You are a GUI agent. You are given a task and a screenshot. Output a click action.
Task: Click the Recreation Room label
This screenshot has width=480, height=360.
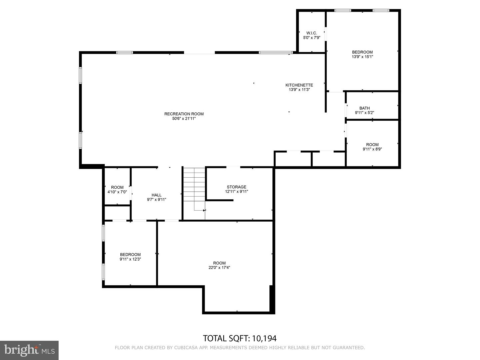point(184,114)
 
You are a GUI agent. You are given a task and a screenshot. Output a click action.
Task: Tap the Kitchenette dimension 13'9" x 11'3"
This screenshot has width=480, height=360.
point(299,89)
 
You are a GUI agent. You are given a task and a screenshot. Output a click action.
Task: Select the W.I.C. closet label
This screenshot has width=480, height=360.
point(311,33)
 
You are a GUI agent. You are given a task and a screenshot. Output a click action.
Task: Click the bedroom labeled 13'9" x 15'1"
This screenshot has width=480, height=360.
point(362,54)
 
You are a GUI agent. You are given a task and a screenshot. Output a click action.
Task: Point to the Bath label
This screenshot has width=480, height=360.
point(364,108)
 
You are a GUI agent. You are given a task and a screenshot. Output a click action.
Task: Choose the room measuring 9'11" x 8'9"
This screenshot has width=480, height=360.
point(372,147)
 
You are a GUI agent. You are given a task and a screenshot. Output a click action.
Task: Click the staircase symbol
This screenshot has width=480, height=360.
point(194,189)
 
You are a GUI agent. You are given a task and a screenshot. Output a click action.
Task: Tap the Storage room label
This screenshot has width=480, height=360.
point(236,187)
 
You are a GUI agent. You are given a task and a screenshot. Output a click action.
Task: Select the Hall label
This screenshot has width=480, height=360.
point(156,195)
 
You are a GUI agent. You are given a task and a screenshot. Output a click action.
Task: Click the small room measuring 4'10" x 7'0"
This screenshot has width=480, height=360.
point(117,190)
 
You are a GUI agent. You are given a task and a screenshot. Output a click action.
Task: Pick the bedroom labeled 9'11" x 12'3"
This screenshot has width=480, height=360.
point(130,257)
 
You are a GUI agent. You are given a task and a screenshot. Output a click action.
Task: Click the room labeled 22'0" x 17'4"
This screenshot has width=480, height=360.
point(219,265)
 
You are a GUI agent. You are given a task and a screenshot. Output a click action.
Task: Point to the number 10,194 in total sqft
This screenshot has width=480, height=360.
point(264,339)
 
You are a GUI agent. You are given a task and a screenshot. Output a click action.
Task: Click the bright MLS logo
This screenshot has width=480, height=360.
point(29,350)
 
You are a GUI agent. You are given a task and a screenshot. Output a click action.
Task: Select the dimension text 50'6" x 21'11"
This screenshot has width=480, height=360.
point(184,119)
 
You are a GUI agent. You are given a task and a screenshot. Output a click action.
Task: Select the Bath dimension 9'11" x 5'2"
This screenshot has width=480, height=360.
point(364,113)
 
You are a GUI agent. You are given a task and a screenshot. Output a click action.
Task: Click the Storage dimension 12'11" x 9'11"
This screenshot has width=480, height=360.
point(236,192)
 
